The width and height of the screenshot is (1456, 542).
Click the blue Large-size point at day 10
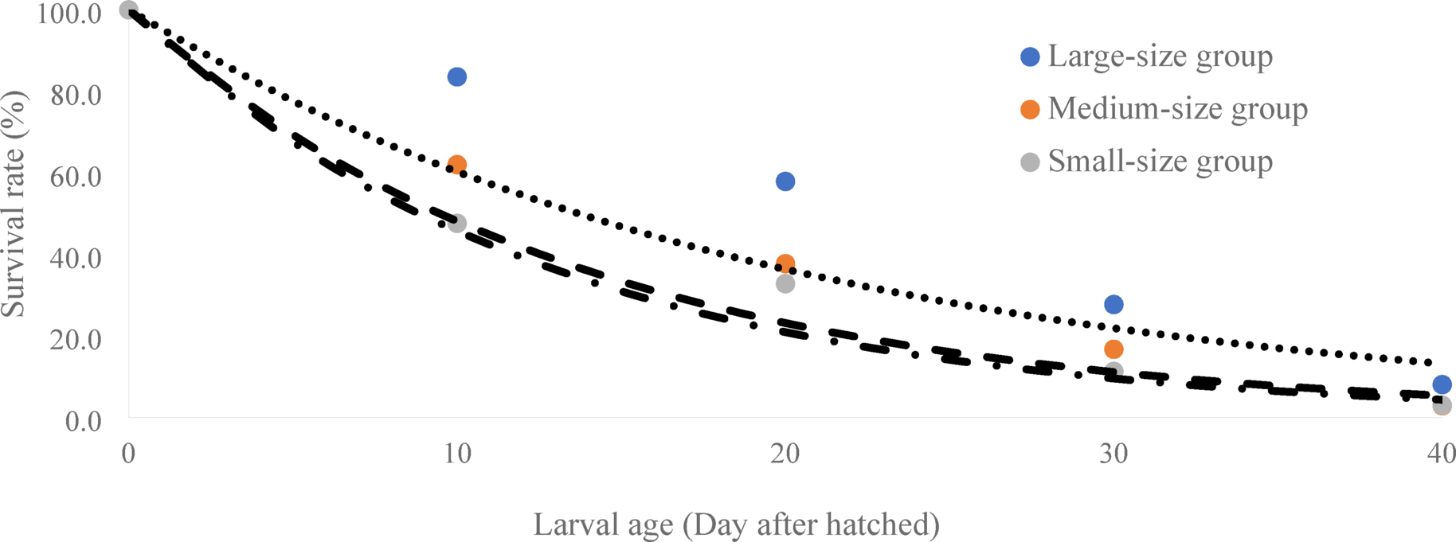coord(456,77)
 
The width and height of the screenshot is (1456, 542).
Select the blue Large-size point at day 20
coord(785,181)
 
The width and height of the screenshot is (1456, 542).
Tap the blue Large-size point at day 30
coord(1114,304)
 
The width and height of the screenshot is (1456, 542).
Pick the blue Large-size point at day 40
coord(1442,384)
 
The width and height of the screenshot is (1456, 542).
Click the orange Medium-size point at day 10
coord(456,165)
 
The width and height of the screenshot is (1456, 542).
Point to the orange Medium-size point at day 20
coord(785,263)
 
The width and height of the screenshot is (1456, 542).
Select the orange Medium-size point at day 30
coord(1114,349)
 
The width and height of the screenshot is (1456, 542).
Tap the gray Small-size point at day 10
coord(456,224)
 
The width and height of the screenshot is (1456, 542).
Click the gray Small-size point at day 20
coord(785,283)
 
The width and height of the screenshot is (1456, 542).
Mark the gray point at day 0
coord(128,10)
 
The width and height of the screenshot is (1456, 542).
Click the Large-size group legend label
coord(1160,57)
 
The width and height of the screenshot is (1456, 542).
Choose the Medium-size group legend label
coord(1177,109)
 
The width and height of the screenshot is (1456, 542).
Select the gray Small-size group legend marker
coord(1030,162)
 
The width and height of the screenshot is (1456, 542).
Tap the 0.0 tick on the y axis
coord(83,420)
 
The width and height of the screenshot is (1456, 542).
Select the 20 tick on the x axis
coord(785,454)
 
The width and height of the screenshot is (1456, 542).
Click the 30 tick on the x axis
coord(1114,454)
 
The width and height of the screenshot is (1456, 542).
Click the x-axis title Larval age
coord(736,524)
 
